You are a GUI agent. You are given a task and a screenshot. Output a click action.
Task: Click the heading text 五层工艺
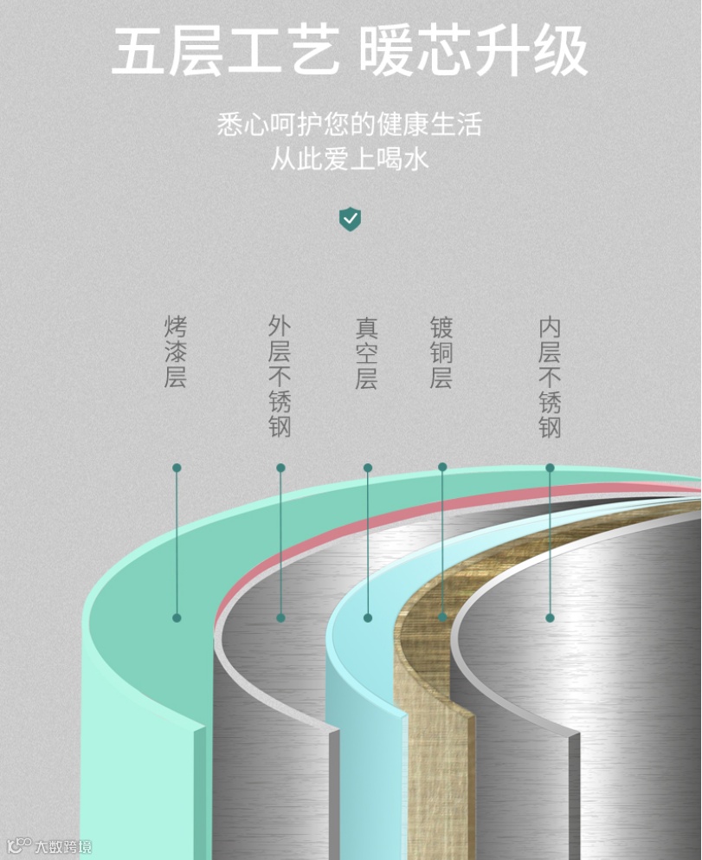click(x=227, y=51)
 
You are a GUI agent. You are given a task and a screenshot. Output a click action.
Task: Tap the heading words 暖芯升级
click(x=473, y=51)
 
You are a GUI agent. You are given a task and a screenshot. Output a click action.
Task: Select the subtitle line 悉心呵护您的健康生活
click(x=350, y=125)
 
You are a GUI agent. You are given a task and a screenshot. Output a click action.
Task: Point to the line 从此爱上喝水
click(x=350, y=159)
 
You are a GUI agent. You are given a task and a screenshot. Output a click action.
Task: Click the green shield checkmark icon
click(x=350, y=219)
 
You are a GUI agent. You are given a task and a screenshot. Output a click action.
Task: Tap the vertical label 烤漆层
click(x=176, y=352)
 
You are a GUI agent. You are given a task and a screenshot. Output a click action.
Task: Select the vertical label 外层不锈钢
click(x=280, y=376)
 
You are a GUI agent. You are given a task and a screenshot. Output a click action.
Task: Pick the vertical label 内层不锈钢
click(x=550, y=378)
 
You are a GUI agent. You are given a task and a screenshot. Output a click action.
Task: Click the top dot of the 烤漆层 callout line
click(x=177, y=468)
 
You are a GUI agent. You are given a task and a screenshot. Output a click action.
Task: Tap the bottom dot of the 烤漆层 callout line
click(x=177, y=618)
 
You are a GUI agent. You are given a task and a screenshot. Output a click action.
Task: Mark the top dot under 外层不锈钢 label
click(x=280, y=468)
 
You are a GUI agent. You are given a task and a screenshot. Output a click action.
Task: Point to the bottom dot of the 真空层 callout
click(x=368, y=618)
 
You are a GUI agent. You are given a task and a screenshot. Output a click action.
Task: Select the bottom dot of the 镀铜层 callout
click(x=442, y=618)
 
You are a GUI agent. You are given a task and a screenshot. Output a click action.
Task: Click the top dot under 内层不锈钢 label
click(x=550, y=468)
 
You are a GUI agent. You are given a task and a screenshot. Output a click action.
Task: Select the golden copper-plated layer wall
click(x=428, y=736)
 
